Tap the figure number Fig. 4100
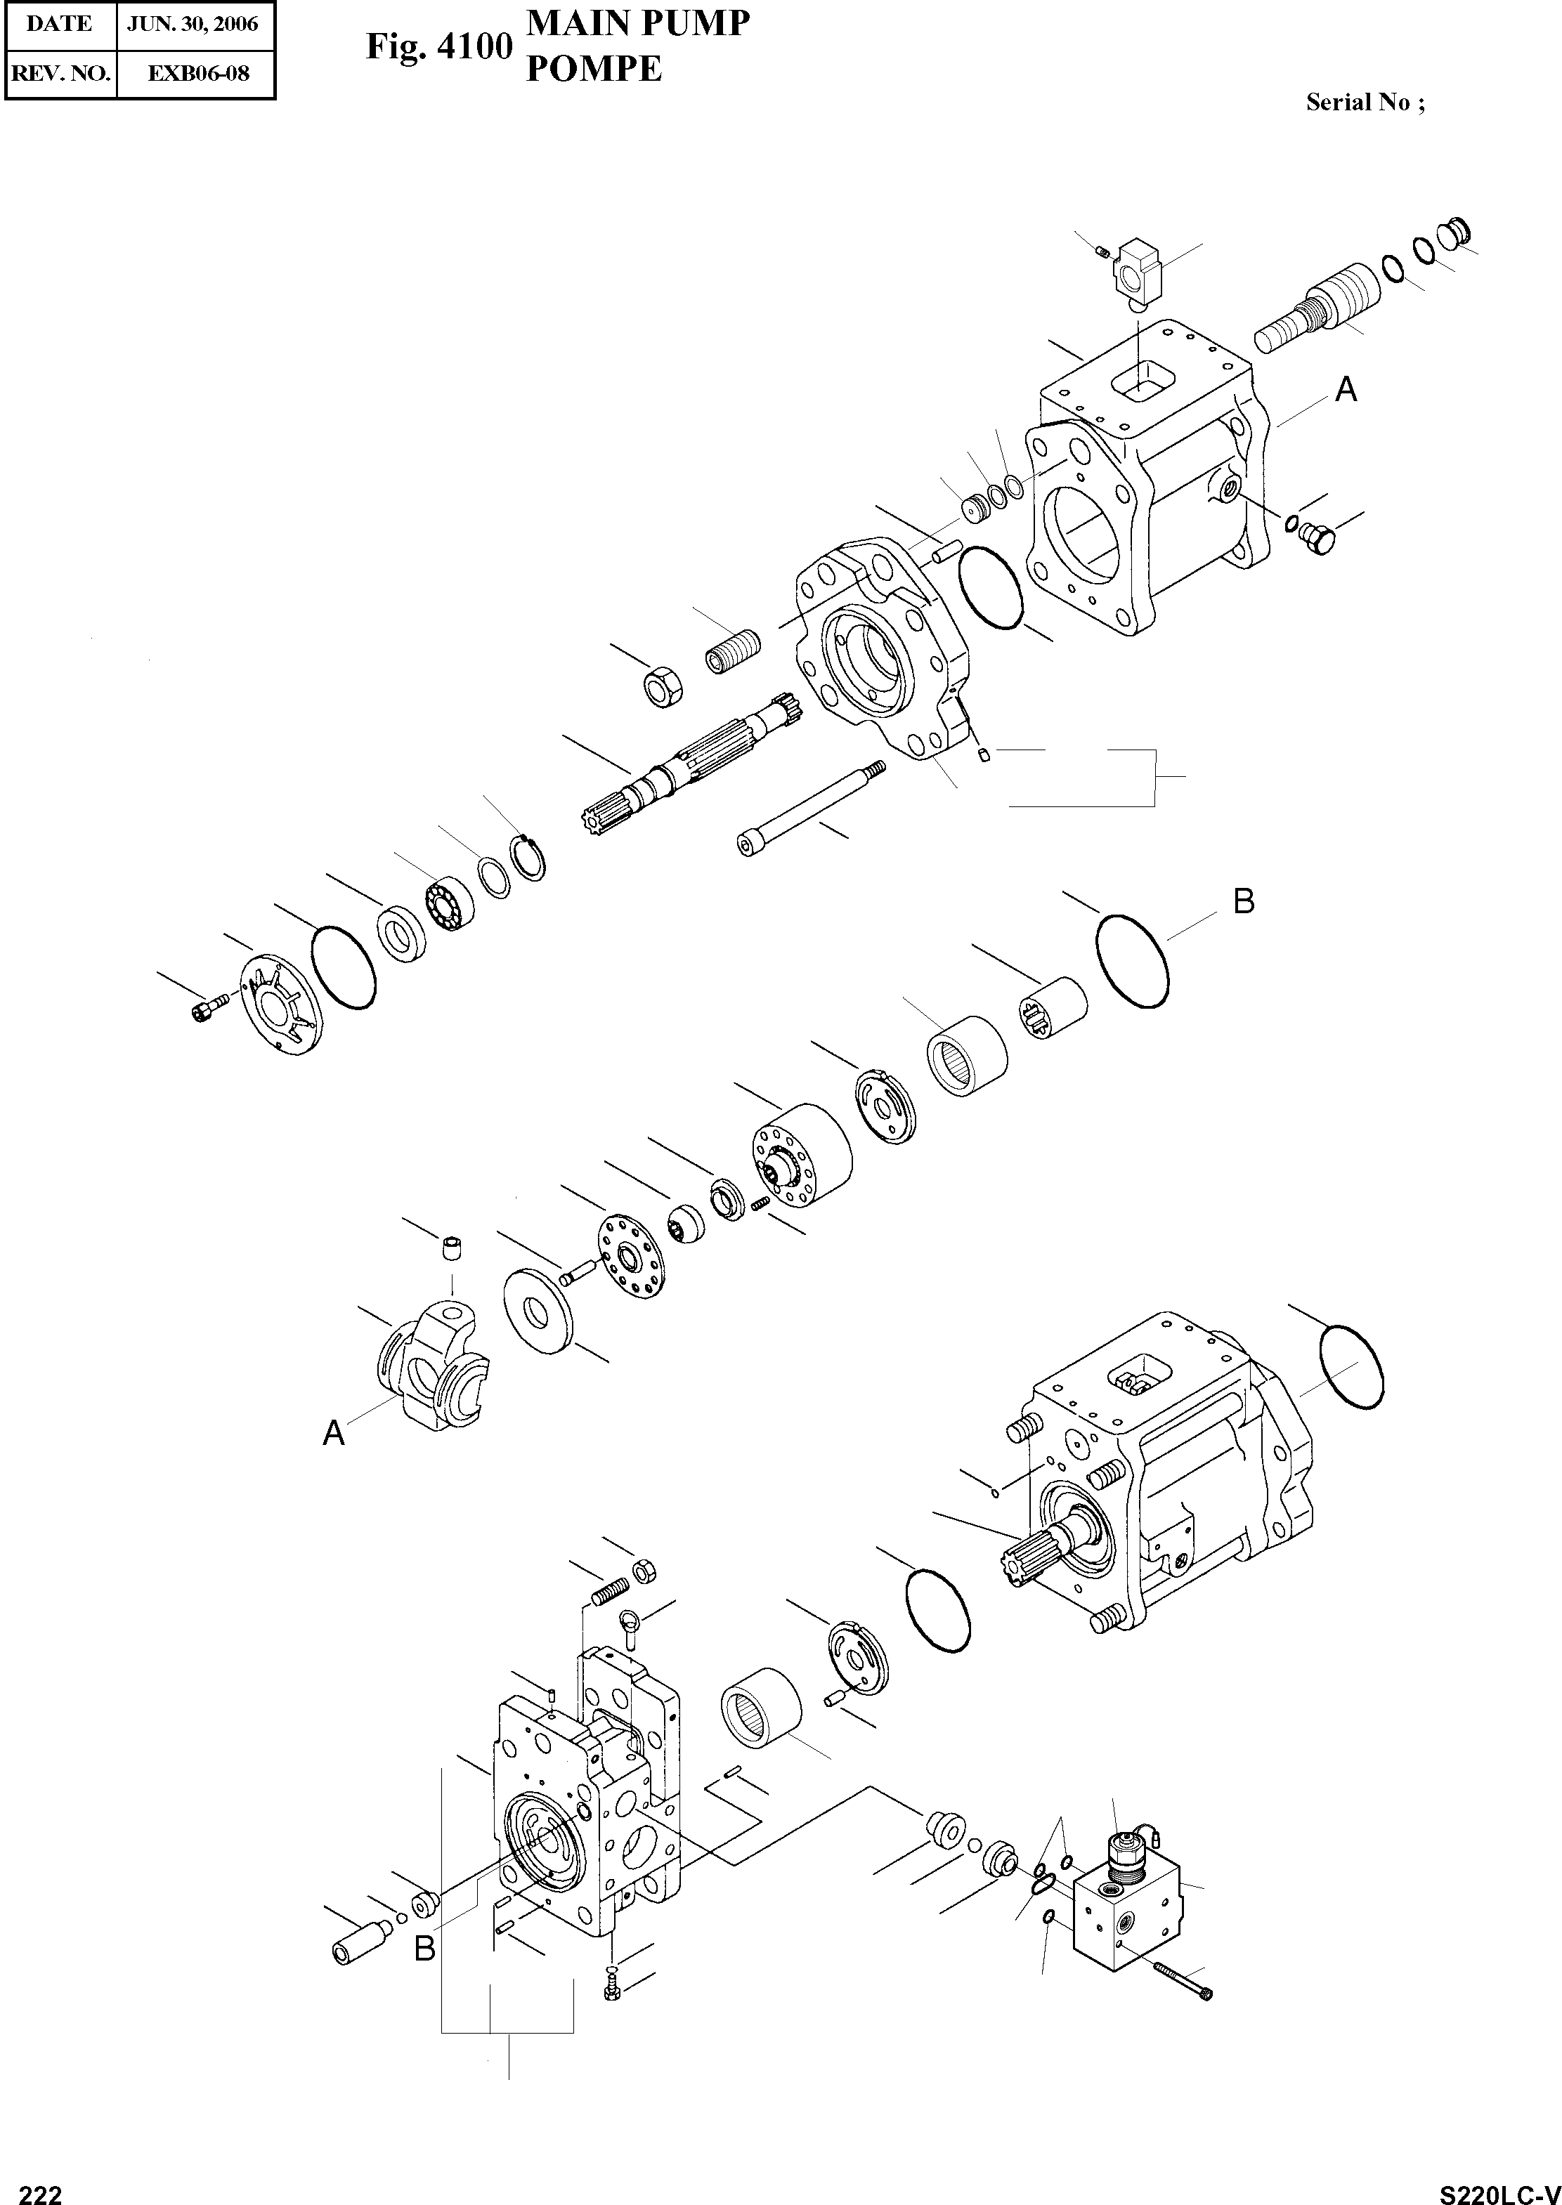click(438, 46)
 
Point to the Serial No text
click(1364, 103)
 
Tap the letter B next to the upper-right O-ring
click(1244, 901)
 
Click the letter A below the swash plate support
click(333, 1434)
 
